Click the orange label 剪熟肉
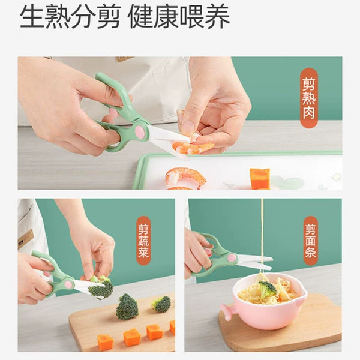(309, 98)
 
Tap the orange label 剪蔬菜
(143, 241)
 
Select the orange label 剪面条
(311, 241)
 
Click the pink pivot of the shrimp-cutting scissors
(139, 130)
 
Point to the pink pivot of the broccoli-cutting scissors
(68, 284)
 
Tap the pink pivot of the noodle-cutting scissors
(232, 258)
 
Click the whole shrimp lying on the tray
(185, 178)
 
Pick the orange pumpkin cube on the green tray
(260, 179)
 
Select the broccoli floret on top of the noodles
(267, 289)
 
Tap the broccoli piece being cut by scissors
(100, 287)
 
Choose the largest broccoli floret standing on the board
(127, 307)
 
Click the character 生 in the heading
(32, 16)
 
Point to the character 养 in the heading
(217, 16)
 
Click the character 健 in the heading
(141, 16)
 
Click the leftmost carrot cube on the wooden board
(106, 343)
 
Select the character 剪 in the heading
(109, 16)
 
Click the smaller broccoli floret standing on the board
(161, 304)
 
